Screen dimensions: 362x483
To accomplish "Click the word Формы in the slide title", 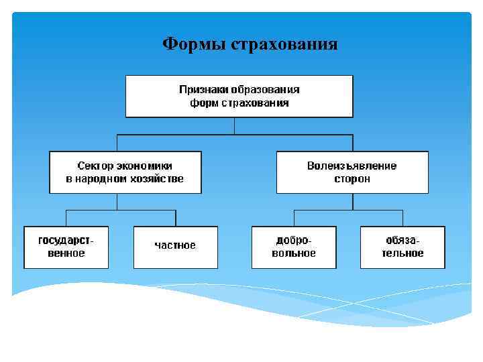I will pos(194,45).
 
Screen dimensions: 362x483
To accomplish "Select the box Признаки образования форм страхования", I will pos(239,97).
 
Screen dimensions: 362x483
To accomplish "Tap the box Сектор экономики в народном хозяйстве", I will pos(125,172).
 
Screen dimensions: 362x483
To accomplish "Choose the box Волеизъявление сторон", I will pos(352,172).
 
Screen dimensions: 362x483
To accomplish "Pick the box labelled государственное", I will pos(66,247).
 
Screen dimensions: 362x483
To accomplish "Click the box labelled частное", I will pos(175,246).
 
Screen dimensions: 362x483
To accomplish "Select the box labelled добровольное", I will pos(294,247).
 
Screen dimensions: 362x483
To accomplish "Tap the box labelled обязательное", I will pos(402,247).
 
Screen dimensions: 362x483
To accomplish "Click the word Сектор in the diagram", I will pos(94,166).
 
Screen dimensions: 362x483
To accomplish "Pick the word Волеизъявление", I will pos(352,166).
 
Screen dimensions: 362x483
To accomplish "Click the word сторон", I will pos(352,179).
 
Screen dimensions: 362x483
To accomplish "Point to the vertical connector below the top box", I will pos(234,126).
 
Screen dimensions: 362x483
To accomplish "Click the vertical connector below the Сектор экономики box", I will pos(117,202).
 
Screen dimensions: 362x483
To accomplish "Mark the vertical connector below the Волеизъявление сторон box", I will pos(348,202).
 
